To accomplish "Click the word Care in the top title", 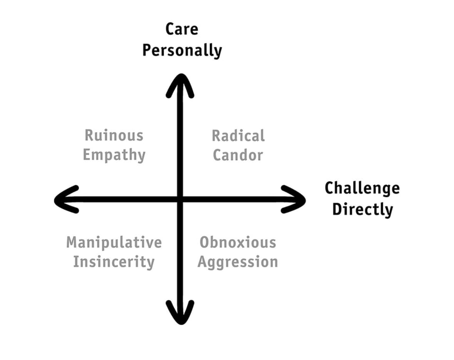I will (x=182, y=29).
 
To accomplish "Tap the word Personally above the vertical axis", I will (x=182, y=50).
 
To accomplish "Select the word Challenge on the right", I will (x=362, y=188).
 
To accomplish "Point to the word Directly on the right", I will (x=362, y=209).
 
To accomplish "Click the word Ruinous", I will (x=113, y=135).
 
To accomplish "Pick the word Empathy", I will (x=114, y=155).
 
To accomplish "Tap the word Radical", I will (x=238, y=136).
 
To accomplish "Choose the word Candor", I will (x=238, y=155).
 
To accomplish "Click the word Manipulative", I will (x=114, y=242).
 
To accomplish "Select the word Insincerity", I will (x=114, y=262).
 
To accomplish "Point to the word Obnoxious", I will (x=237, y=242).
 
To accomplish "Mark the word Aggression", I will (x=237, y=262).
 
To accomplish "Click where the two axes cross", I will (x=180, y=199).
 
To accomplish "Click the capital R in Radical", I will (x=216, y=136).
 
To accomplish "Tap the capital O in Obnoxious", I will (x=204, y=242).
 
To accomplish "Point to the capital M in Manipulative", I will (x=72, y=242).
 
